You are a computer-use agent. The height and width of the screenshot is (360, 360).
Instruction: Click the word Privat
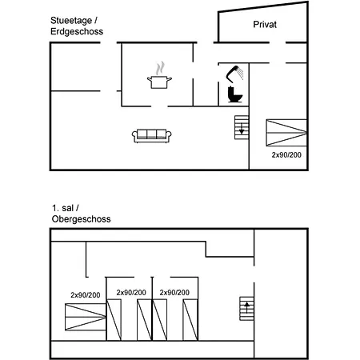[x=265, y=24]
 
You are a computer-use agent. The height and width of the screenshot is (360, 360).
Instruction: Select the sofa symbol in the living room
[x=152, y=136]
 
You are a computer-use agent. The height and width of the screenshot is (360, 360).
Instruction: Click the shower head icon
[x=234, y=74]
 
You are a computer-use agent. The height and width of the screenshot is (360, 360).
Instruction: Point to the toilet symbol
[x=234, y=94]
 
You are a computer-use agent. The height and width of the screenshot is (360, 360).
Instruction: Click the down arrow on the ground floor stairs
[x=242, y=128]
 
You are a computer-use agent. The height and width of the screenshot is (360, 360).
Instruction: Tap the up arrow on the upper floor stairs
[x=247, y=307]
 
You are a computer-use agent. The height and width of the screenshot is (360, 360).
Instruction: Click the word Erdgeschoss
[x=77, y=31]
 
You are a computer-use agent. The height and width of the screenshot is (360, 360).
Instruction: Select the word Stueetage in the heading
[x=71, y=20]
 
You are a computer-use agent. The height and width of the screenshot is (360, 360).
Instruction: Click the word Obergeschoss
[x=81, y=219]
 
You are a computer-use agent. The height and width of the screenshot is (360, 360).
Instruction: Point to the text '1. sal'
[x=62, y=208]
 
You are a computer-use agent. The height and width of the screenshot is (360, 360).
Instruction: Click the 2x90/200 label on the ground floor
[x=286, y=154]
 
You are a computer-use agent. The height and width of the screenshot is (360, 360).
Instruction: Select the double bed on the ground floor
[x=286, y=133]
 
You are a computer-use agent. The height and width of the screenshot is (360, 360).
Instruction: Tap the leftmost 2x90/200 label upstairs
[x=86, y=295]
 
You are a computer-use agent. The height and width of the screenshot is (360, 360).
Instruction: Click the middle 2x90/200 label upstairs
[x=131, y=293]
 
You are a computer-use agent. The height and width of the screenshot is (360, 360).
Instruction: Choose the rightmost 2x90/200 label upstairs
[x=174, y=293]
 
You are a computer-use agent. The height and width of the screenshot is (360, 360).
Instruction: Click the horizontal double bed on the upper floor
[x=86, y=317]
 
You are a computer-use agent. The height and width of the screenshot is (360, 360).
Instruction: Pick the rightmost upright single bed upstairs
[x=190, y=320]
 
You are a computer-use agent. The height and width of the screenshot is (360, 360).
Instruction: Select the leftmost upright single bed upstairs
[x=114, y=320]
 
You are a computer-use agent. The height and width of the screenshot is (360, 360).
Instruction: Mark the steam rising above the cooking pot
[x=160, y=68]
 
